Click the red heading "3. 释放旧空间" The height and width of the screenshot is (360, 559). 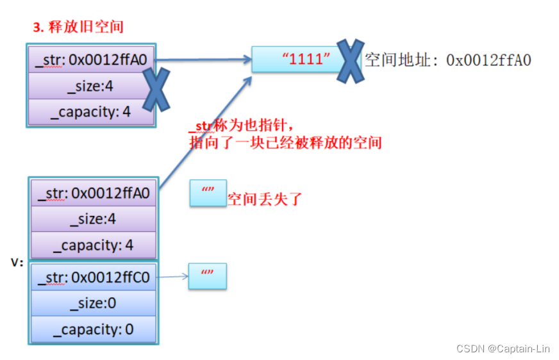pyautogui.click(x=78, y=28)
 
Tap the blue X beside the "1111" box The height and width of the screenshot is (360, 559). pyautogui.click(x=351, y=61)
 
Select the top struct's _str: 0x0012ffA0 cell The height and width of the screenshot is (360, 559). pyautogui.click(x=91, y=60)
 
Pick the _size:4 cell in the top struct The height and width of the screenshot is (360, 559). pyautogui.click(x=91, y=86)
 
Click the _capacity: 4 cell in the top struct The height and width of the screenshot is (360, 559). pyautogui.click(x=91, y=111)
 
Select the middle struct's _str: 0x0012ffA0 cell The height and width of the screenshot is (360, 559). pyautogui.click(x=94, y=192)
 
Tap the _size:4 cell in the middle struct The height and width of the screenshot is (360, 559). pyautogui.click(x=94, y=219)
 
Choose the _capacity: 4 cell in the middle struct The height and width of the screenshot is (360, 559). pyautogui.click(x=94, y=245)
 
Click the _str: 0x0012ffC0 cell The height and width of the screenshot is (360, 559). pyautogui.click(x=94, y=277)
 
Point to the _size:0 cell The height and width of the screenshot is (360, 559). pyautogui.click(x=94, y=303)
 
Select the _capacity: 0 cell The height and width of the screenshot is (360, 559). pyautogui.click(x=94, y=329)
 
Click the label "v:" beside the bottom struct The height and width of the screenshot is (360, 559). pyautogui.click(x=18, y=263)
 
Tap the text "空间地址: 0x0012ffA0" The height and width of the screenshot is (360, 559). pyautogui.click(x=447, y=61)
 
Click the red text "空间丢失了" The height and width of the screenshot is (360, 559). pyautogui.click(x=264, y=199)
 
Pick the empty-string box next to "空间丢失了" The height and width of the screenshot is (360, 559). pyautogui.click(x=208, y=192)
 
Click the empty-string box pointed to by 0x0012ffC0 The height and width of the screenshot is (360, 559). pyautogui.click(x=208, y=276)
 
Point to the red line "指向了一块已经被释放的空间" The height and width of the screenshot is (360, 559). pyautogui.click(x=285, y=142)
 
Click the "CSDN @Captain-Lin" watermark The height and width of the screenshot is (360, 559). pyautogui.click(x=503, y=348)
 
